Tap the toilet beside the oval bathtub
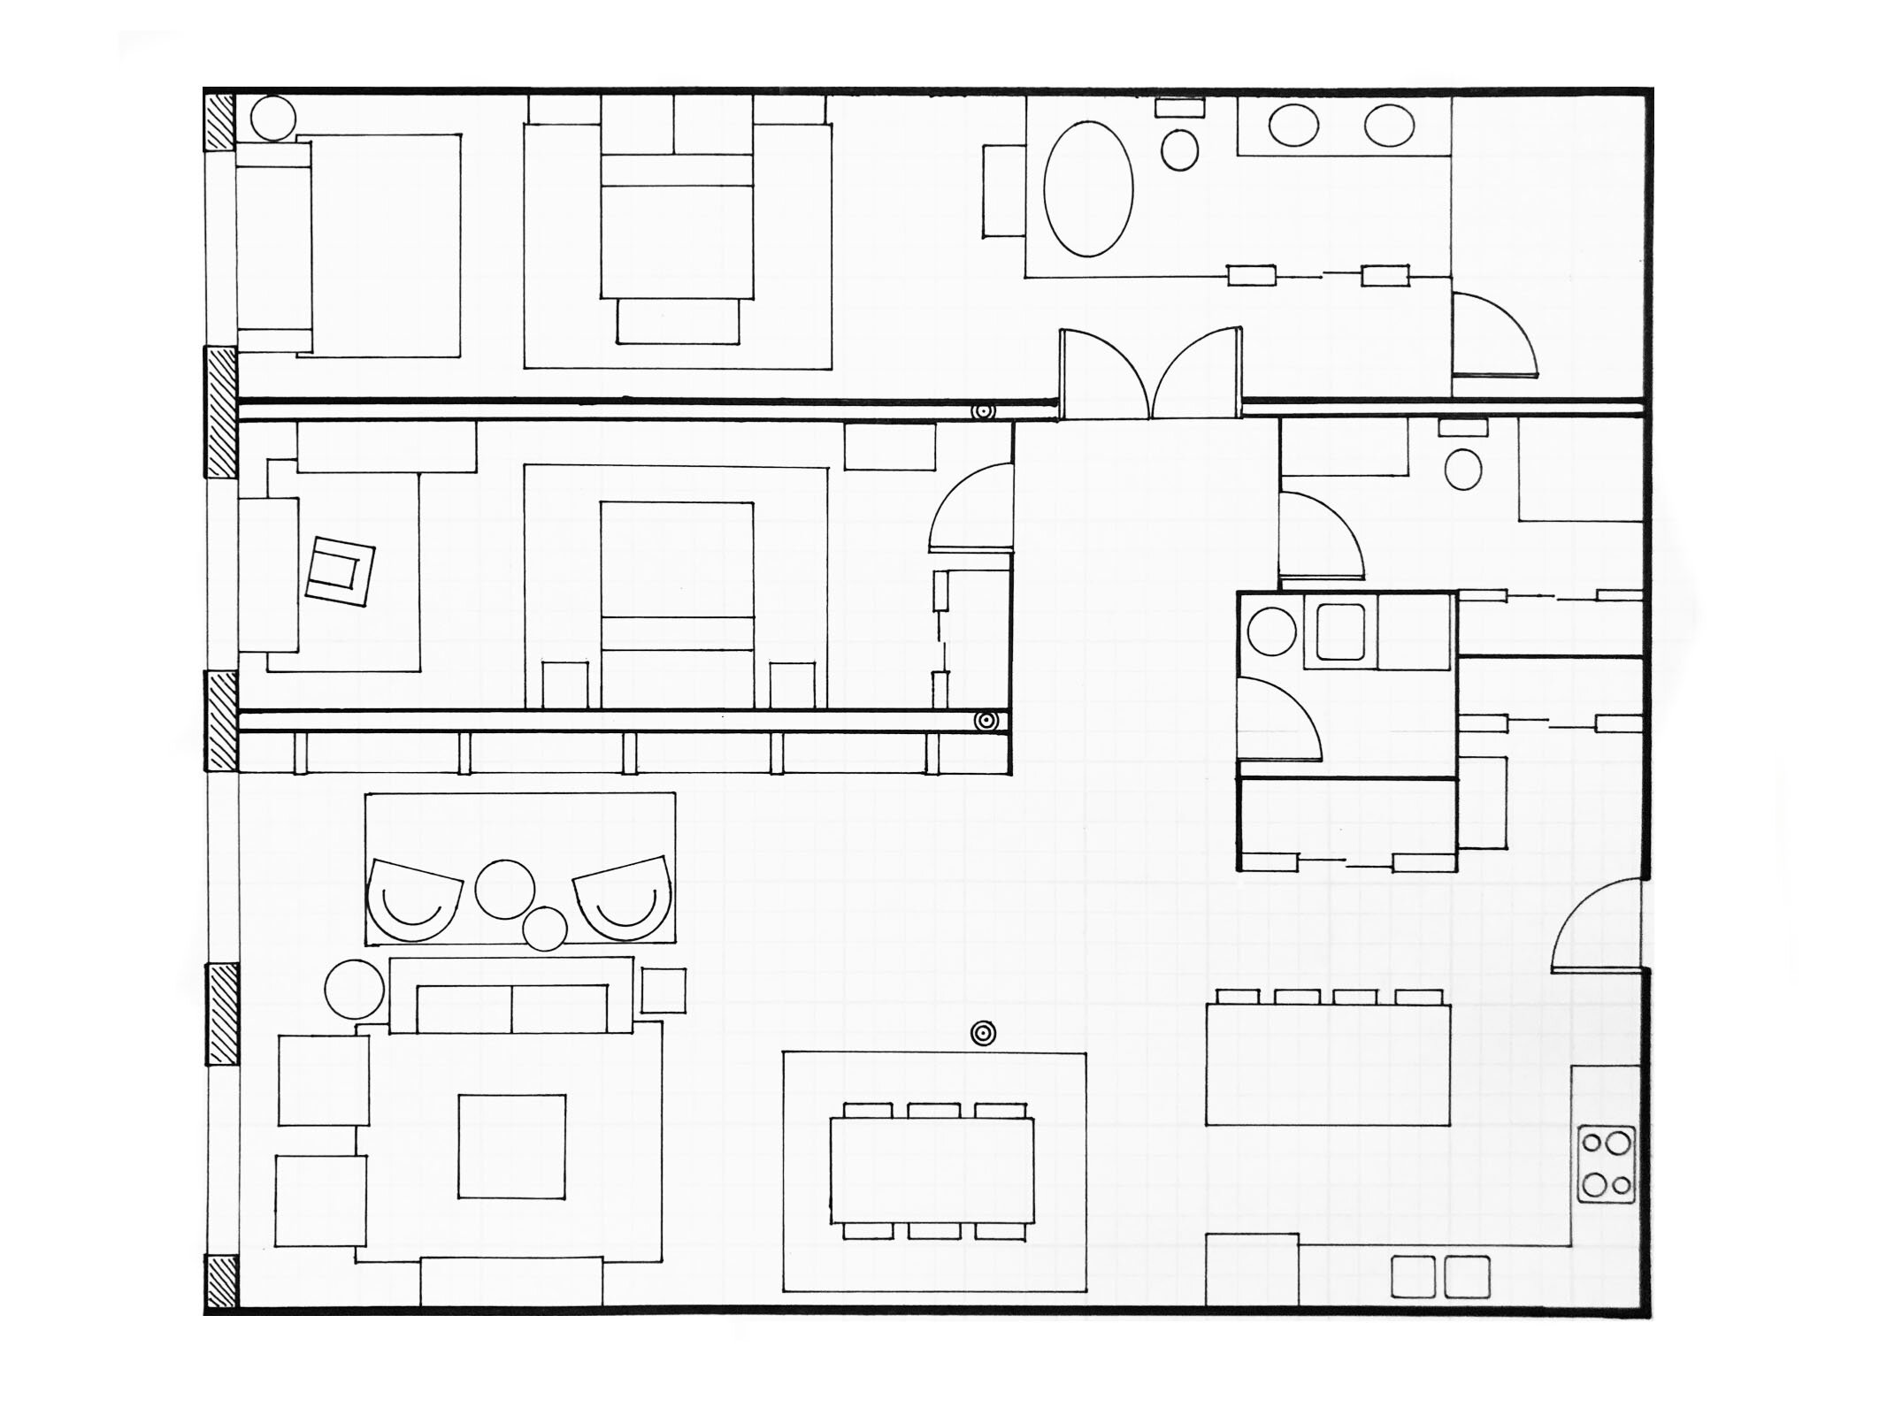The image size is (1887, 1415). [x=1179, y=149]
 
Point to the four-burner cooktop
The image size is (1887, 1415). [x=1607, y=1164]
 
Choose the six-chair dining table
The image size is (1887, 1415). [x=932, y=1171]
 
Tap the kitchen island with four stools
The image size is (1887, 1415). [x=1328, y=1064]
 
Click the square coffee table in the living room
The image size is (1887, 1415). [x=511, y=1146]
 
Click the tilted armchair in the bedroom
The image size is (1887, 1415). [x=340, y=570]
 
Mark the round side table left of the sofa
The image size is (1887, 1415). [x=354, y=989]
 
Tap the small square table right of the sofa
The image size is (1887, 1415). [x=664, y=990]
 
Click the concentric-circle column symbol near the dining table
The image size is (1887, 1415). [x=983, y=1032]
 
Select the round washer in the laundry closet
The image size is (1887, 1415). [x=1271, y=631]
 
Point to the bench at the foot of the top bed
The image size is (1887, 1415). [x=678, y=320]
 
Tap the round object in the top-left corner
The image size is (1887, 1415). [x=272, y=117]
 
